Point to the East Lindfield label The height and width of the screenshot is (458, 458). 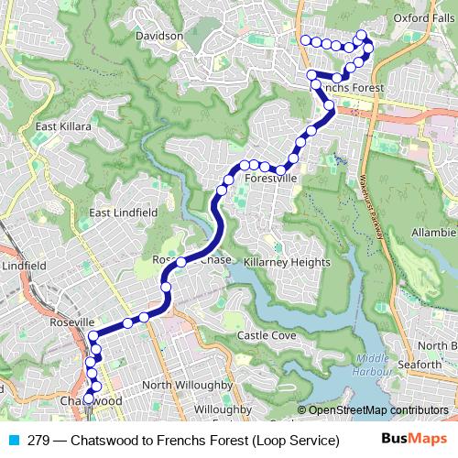click(123, 213)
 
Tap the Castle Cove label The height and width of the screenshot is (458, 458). click(267, 336)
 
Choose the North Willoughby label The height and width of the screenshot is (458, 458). click(188, 384)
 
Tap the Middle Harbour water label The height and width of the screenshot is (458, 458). click(374, 365)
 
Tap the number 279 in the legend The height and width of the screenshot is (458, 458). click(39, 441)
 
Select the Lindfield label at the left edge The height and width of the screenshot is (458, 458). click(24, 266)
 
